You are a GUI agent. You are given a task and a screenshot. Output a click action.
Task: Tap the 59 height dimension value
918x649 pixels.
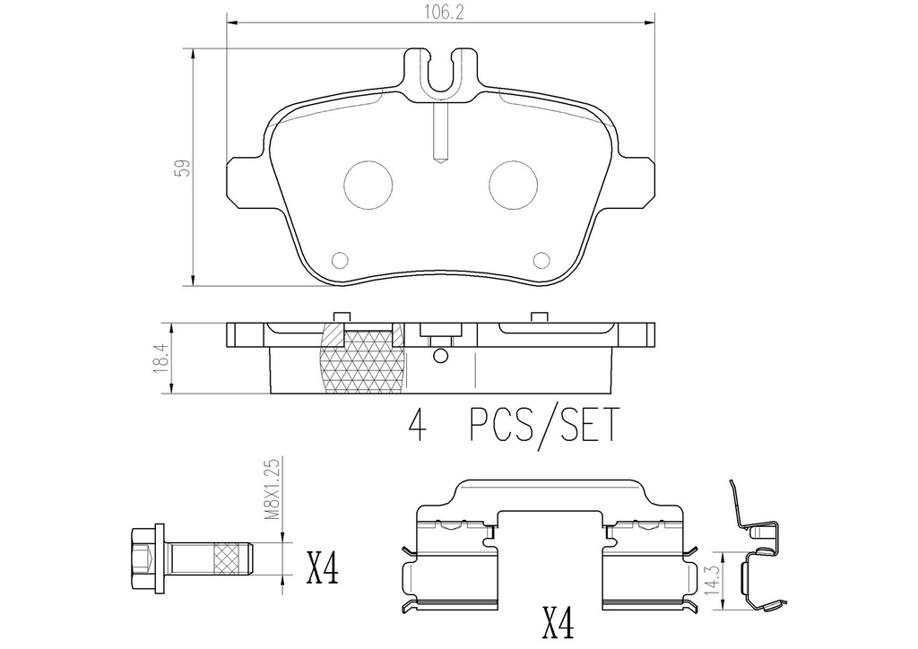pyautogui.click(x=181, y=168)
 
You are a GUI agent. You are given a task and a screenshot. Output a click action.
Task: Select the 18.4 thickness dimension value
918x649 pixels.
pyautogui.click(x=161, y=358)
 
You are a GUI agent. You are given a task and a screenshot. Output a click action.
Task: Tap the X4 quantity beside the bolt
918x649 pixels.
pyautogui.click(x=324, y=568)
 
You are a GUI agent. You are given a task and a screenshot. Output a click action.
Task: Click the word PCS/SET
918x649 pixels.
pyautogui.click(x=543, y=427)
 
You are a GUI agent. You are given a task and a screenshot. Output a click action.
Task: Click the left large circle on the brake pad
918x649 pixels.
pyautogui.click(x=368, y=186)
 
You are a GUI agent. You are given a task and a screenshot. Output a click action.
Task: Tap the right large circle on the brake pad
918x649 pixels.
pyautogui.click(x=513, y=186)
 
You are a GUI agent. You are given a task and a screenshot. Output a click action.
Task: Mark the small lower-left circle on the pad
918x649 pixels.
pyautogui.click(x=339, y=260)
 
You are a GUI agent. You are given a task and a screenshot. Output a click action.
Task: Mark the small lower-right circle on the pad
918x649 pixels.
pyautogui.click(x=541, y=260)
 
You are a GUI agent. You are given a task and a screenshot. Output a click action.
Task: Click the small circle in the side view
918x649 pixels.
pyautogui.click(x=439, y=356)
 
